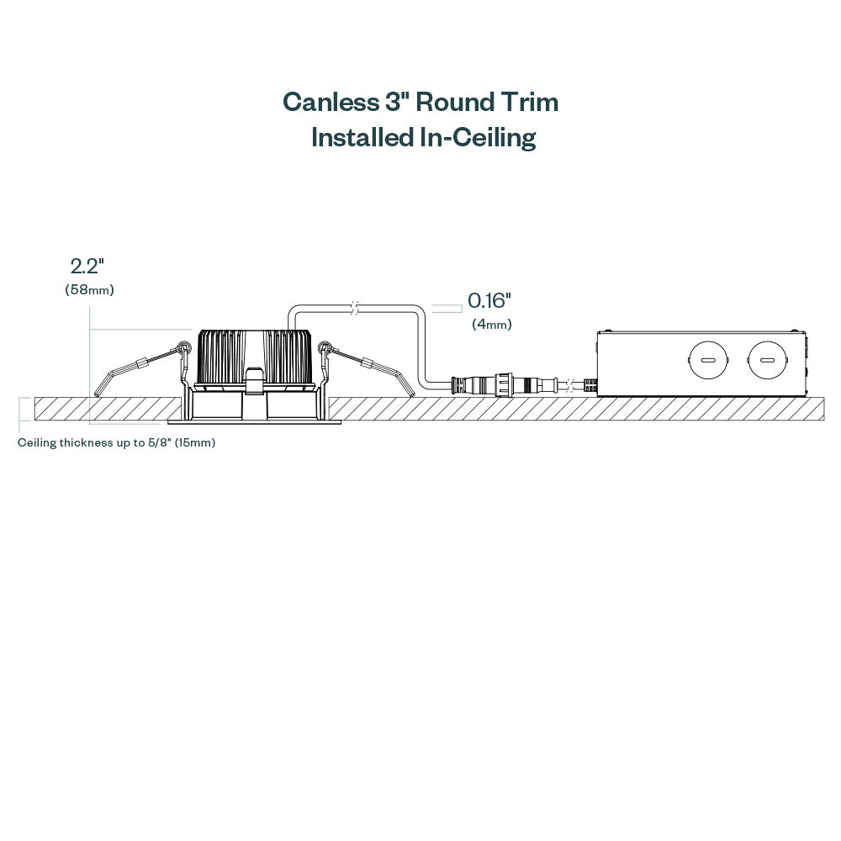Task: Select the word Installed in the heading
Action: pyautogui.click(x=362, y=137)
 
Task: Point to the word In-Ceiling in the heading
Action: pyautogui.click(x=477, y=137)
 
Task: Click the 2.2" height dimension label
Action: pyautogui.click(x=87, y=267)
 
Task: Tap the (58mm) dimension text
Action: pyautogui.click(x=89, y=290)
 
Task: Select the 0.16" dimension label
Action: pyautogui.click(x=489, y=300)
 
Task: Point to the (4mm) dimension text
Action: pyautogui.click(x=492, y=324)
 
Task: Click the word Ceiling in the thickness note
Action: pyautogui.click(x=38, y=442)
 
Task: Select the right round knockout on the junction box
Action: pyautogui.click(x=766, y=361)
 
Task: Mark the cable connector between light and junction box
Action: pyautogui.click(x=505, y=385)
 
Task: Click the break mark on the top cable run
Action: pyautogui.click(x=355, y=308)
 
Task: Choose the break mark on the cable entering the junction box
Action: pyautogui.click(x=572, y=386)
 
